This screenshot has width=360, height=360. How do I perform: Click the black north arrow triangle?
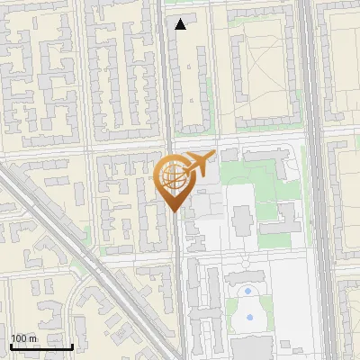pyautogui.click(x=181, y=24)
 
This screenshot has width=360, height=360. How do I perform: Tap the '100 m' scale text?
pyautogui.click(x=24, y=338)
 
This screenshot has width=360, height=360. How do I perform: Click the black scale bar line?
pyautogui.click(x=41, y=346)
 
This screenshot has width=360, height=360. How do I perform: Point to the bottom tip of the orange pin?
pyautogui.click(x=174, y=211)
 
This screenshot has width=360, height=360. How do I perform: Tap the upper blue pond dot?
pyautogui.click(x=248, y=292)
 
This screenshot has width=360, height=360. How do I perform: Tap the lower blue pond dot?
pyautogui.click(x=249, y=317)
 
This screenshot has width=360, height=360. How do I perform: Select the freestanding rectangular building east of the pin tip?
pyautogui.click(x=242, y=219)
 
